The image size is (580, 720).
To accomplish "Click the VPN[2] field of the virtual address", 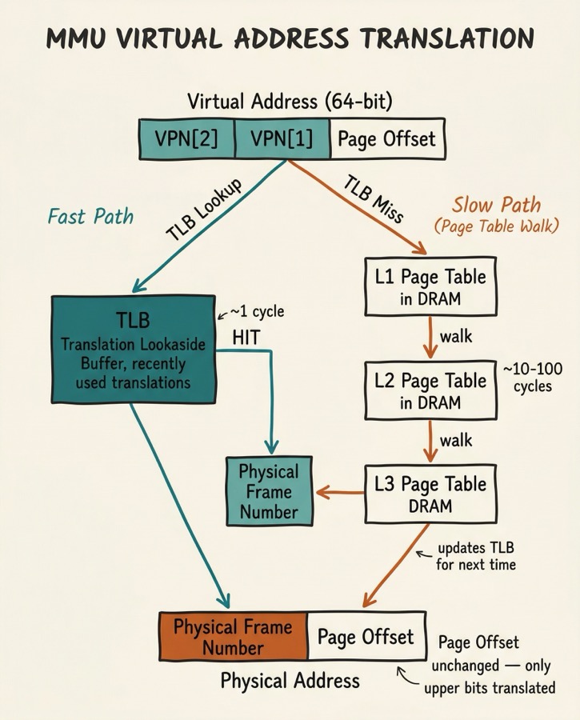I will (186, 138).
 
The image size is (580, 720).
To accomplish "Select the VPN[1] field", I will (282, 138).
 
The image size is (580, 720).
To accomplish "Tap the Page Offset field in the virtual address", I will (387, 138).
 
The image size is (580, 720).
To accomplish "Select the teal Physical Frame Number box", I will (269, 491).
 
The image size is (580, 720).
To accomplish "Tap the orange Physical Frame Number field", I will (234, 636).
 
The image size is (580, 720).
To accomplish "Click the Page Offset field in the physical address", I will (366, 637).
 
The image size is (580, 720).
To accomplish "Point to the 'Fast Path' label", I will (90, 216).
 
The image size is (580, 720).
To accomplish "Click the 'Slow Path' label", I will (496, 205).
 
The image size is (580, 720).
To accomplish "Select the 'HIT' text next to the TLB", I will (246, 337).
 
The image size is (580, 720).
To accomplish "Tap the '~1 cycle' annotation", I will (256, 312).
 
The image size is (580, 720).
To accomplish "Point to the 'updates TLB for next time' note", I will (476, 557).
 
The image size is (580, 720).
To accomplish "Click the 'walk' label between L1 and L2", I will (456, 337).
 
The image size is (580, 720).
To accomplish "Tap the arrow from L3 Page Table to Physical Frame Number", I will (339, 493).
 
